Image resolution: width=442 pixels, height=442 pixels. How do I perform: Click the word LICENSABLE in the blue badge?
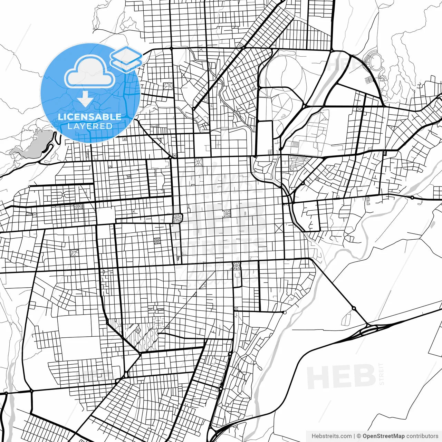pyautogui.click(x=90, y=117)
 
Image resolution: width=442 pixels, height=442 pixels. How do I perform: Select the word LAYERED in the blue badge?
pyautogui.click(x=90, y=126)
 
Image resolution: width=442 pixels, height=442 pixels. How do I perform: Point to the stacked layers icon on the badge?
pyautogui.click(x=126, y=58)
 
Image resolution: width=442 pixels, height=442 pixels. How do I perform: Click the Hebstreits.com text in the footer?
pyautogui.click(x=332, y=436)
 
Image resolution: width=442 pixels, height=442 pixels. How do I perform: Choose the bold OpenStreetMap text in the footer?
pyautogui.click(x=383, y=436)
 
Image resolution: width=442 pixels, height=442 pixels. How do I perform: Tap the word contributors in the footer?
pyautogui.click(x=422, y=436)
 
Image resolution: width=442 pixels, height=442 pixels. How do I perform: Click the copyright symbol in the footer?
pyautogui.click(x=359, y=436)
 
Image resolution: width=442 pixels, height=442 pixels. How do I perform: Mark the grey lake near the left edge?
pyautogui.click(x=33, y=145)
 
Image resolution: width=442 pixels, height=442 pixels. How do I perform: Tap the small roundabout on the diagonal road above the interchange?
pyautogui.click(x=354, y=308)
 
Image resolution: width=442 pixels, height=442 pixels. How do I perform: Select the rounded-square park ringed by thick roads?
pyautogui.click(x=177, y=218)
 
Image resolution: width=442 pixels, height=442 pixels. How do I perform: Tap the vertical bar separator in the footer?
pyautogui.click(x=355, y=436)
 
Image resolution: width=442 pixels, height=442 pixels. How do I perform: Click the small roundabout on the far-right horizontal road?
pyautogui.click(x=412, y=198)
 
